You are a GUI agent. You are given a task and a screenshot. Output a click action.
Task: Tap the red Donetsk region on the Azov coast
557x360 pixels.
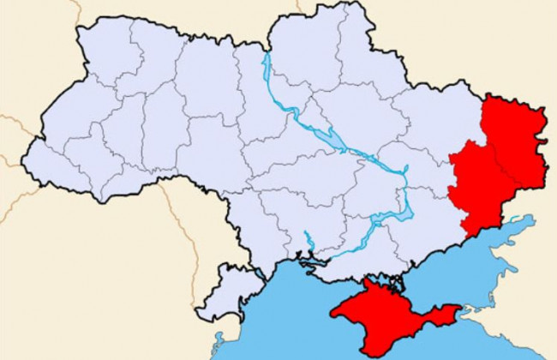(x=476, y=184)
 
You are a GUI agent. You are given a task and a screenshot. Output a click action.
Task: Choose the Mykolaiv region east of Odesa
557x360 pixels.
(x=300, y=223)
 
